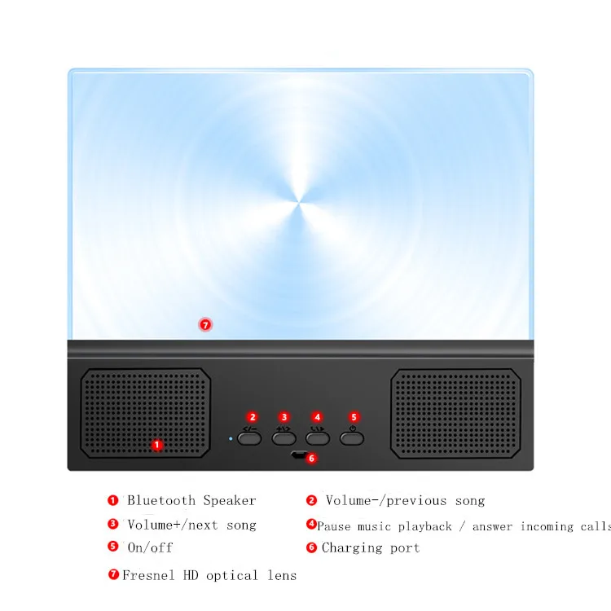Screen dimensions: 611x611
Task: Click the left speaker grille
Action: (x=147, y=412)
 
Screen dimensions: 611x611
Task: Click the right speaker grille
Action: (x=455, y=412)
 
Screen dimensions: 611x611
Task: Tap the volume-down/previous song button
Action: (x=249, y=437)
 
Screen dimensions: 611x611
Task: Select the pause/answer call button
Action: (x=318, y=437)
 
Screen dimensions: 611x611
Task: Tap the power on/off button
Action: (x=351, y=437)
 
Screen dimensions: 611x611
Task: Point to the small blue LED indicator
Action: (x=231, y=438)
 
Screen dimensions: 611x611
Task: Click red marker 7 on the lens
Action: (x=205, y=324)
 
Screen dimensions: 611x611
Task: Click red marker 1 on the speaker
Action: (x=158, y=445)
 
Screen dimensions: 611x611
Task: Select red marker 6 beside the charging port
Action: (x=310, y=458)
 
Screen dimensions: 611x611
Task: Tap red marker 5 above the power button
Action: (x=353, y=417)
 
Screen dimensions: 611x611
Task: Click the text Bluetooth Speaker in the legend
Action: (x=191, y=500)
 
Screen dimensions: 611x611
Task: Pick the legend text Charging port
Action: (x=371, y=547)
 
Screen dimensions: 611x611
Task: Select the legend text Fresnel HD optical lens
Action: (x=209, y=575)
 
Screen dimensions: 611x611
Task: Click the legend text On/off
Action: (x=150, y=547)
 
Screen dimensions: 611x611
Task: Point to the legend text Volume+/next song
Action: (x=191, y=525)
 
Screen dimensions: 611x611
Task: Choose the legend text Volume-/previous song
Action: (x=405, y=500)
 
